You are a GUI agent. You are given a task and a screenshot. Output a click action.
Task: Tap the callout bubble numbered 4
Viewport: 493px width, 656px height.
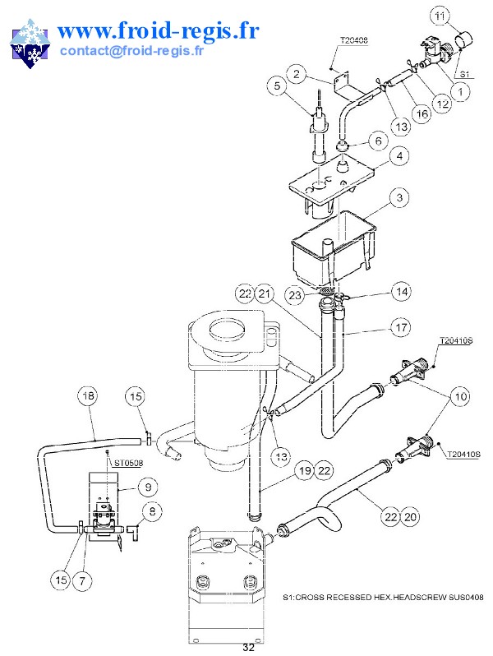[x=399, y=155]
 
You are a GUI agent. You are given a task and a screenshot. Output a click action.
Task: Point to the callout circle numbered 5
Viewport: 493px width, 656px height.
[x=278, y=85]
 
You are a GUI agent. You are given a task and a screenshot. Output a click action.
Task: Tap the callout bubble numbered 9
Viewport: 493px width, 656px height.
[x=147, y=487]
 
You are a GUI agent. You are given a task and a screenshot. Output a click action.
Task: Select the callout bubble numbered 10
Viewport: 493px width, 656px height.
[x=458, y=398]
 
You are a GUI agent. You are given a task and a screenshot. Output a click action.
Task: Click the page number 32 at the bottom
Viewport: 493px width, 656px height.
[x=248, y=648]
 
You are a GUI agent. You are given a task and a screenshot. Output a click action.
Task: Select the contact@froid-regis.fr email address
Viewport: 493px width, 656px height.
[x=131, y=50]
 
